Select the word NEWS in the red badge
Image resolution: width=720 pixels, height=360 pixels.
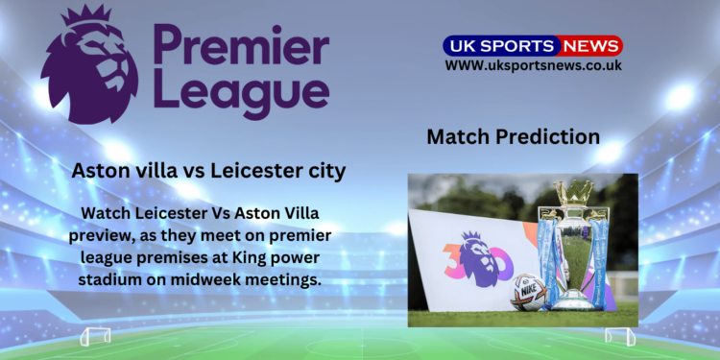click(590, 45)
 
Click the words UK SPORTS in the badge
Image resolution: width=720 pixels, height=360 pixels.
click(499, 45)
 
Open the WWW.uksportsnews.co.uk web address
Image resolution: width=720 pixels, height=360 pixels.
click(533, 65)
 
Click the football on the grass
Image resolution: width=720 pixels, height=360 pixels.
click(528, 292)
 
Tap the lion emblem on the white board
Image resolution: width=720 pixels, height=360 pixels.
click(473, 257)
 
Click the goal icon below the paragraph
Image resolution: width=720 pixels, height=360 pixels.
click(95, 337)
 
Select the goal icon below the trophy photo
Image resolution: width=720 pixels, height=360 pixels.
click(619, 337)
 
